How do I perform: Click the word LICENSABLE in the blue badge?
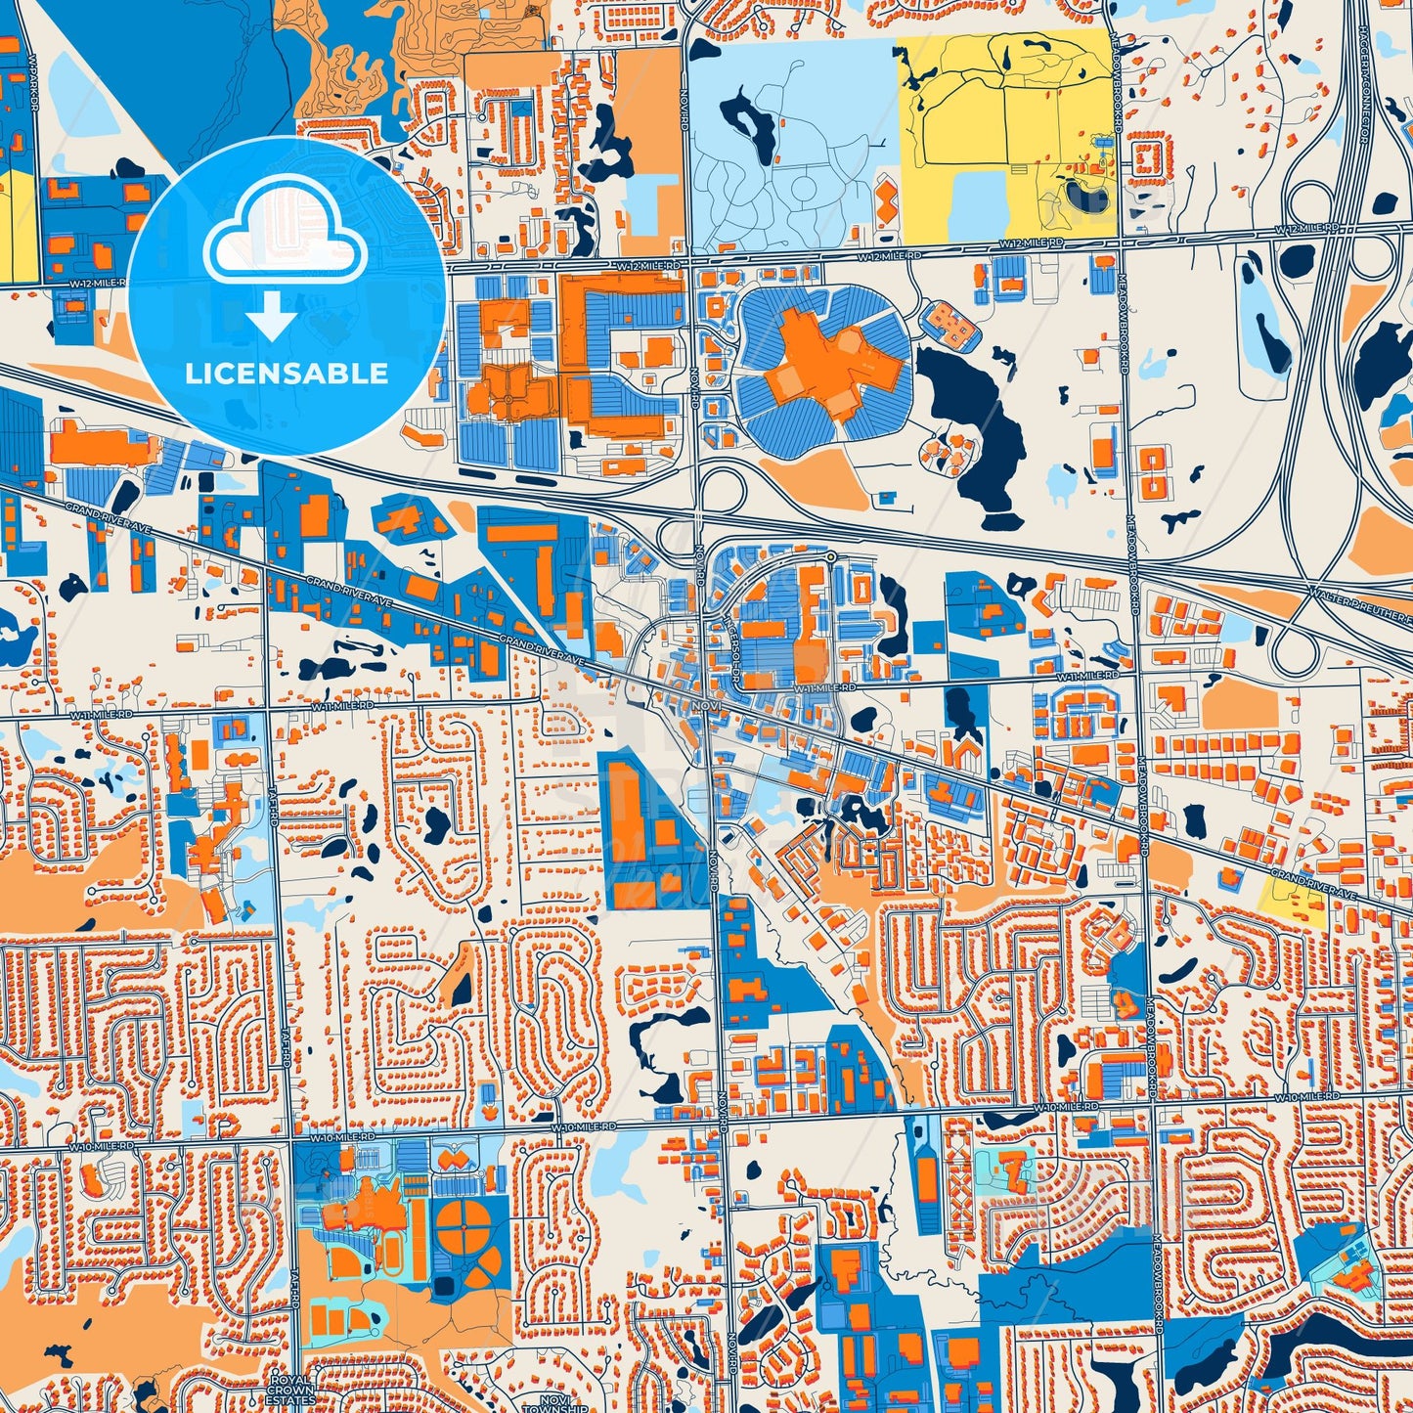[287, 374]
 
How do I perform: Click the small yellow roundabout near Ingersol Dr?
[830, 557]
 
